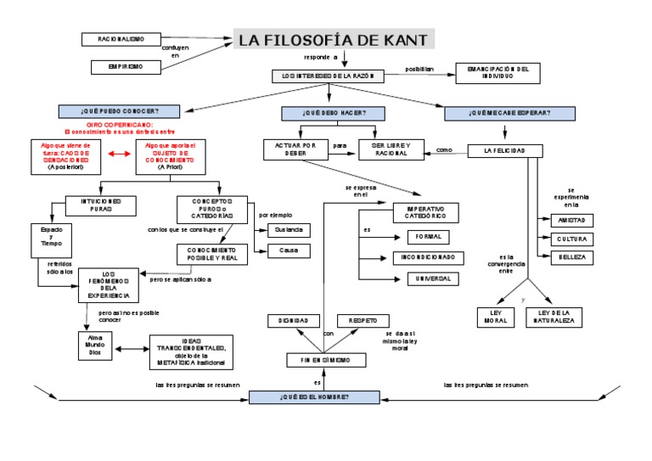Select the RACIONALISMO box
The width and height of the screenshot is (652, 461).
(x=121, y=39)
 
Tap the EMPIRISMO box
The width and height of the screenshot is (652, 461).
(x=126, y=65)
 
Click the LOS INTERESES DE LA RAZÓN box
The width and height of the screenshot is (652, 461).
(x=328, y=76)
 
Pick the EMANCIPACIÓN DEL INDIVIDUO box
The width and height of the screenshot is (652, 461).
(x=497, y=72)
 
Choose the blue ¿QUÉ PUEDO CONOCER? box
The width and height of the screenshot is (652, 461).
(x=119, y=111)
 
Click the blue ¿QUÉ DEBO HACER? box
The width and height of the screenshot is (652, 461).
(x=332, y=112)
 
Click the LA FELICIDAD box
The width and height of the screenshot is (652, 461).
(x=505, y=151)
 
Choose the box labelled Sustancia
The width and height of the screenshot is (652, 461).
(x=288, y=230)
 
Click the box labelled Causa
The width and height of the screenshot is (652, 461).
(x=288, y=250)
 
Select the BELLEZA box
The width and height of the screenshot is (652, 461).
(x=572, y=256)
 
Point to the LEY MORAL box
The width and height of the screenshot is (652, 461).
(x=492, y=318)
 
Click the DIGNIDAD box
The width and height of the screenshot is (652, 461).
(x=282, y=321)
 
